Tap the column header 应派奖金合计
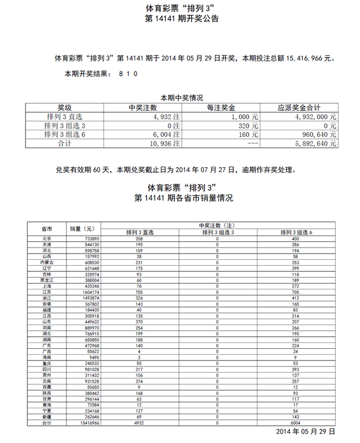coord(301,108)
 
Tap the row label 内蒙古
coord(47,262)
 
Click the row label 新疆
coord(47,416)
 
